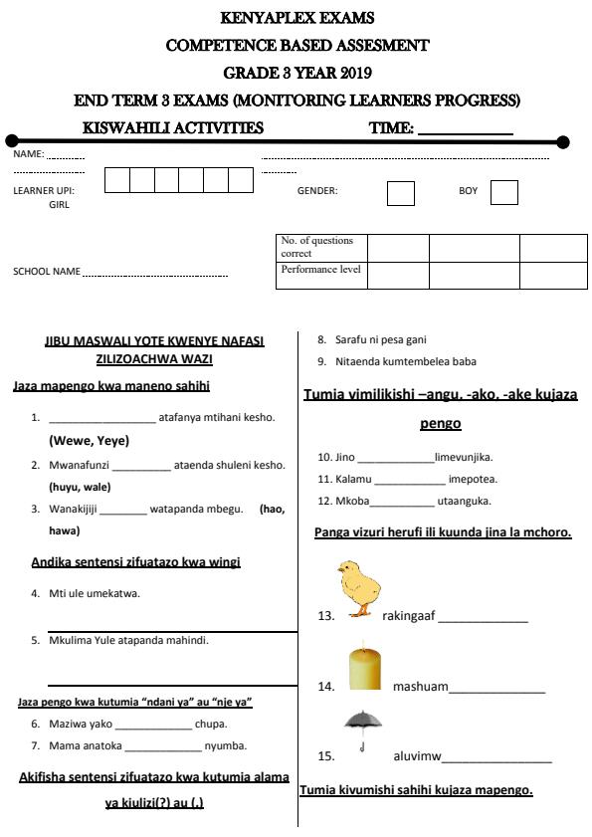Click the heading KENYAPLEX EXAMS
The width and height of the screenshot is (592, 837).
click(296, 18)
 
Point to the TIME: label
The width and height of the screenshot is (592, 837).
click(391, 127)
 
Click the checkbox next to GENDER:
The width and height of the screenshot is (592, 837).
click(400, 192)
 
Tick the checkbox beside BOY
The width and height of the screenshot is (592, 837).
click(503, 192)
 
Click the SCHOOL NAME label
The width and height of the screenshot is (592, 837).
click(47, 272)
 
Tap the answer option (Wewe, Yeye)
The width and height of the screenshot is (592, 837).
click(90, 440)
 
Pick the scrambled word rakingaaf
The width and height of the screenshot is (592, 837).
click(409, 616)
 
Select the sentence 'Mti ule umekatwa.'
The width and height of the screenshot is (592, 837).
click(95, 594)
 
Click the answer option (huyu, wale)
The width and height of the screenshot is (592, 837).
click(80, 487)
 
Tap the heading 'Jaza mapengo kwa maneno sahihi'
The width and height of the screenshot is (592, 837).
click(111, 386)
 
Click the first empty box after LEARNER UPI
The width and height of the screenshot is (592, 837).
click(116, 180)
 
